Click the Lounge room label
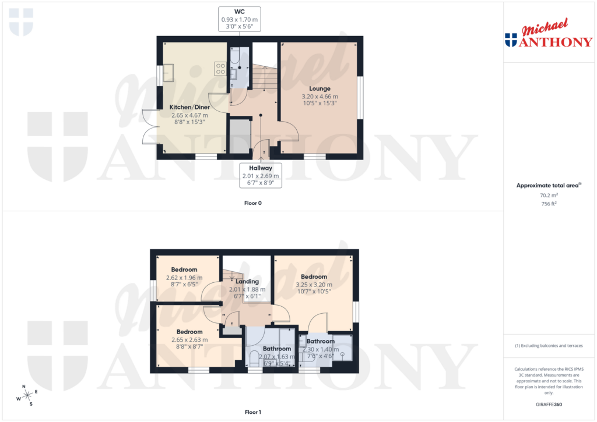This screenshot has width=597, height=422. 319,88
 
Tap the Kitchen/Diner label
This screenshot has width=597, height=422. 189,107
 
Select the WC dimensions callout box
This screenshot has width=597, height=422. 239,19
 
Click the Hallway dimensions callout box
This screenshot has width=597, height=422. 261,175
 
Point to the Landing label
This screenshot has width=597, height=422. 247,281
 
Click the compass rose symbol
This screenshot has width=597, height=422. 27,395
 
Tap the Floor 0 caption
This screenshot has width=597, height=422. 253,203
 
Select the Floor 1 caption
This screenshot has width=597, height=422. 253,412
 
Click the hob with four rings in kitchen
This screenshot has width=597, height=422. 220,69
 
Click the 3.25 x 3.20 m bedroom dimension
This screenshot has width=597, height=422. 314,284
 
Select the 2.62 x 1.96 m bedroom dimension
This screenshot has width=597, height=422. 184,278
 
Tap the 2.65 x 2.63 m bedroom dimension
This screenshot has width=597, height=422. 189,340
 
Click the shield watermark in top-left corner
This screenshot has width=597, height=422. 22,22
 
